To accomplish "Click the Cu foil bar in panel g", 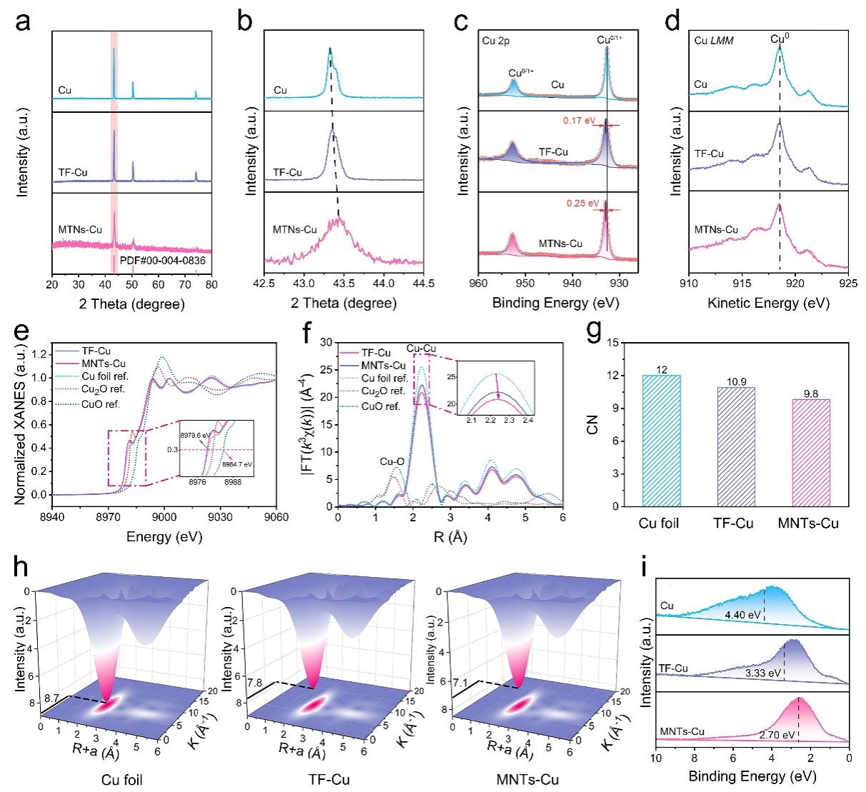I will click(x=662, y=441).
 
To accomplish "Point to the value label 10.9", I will click(x=736, y=381).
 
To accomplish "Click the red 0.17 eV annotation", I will click(x=579, y=121).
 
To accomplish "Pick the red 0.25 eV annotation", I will click(x=582, y=204).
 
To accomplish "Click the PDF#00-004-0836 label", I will click(x=162, y=261).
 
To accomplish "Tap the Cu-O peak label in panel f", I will click(x=392, y=462).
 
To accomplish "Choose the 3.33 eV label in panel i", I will click(x=760, y=673).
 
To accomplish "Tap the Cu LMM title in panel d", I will click(x=715, y=41).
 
